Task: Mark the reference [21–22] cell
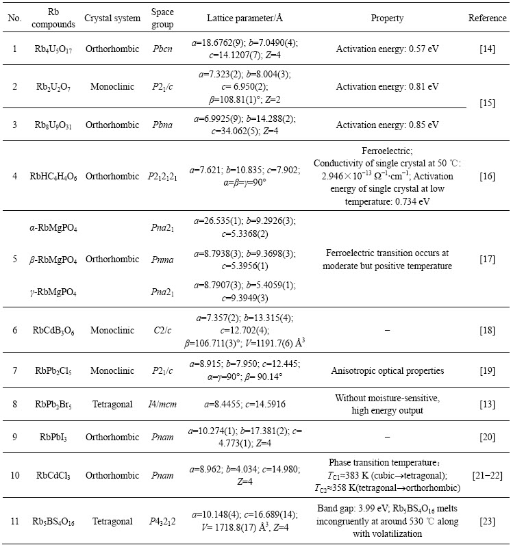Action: point(487,473)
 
